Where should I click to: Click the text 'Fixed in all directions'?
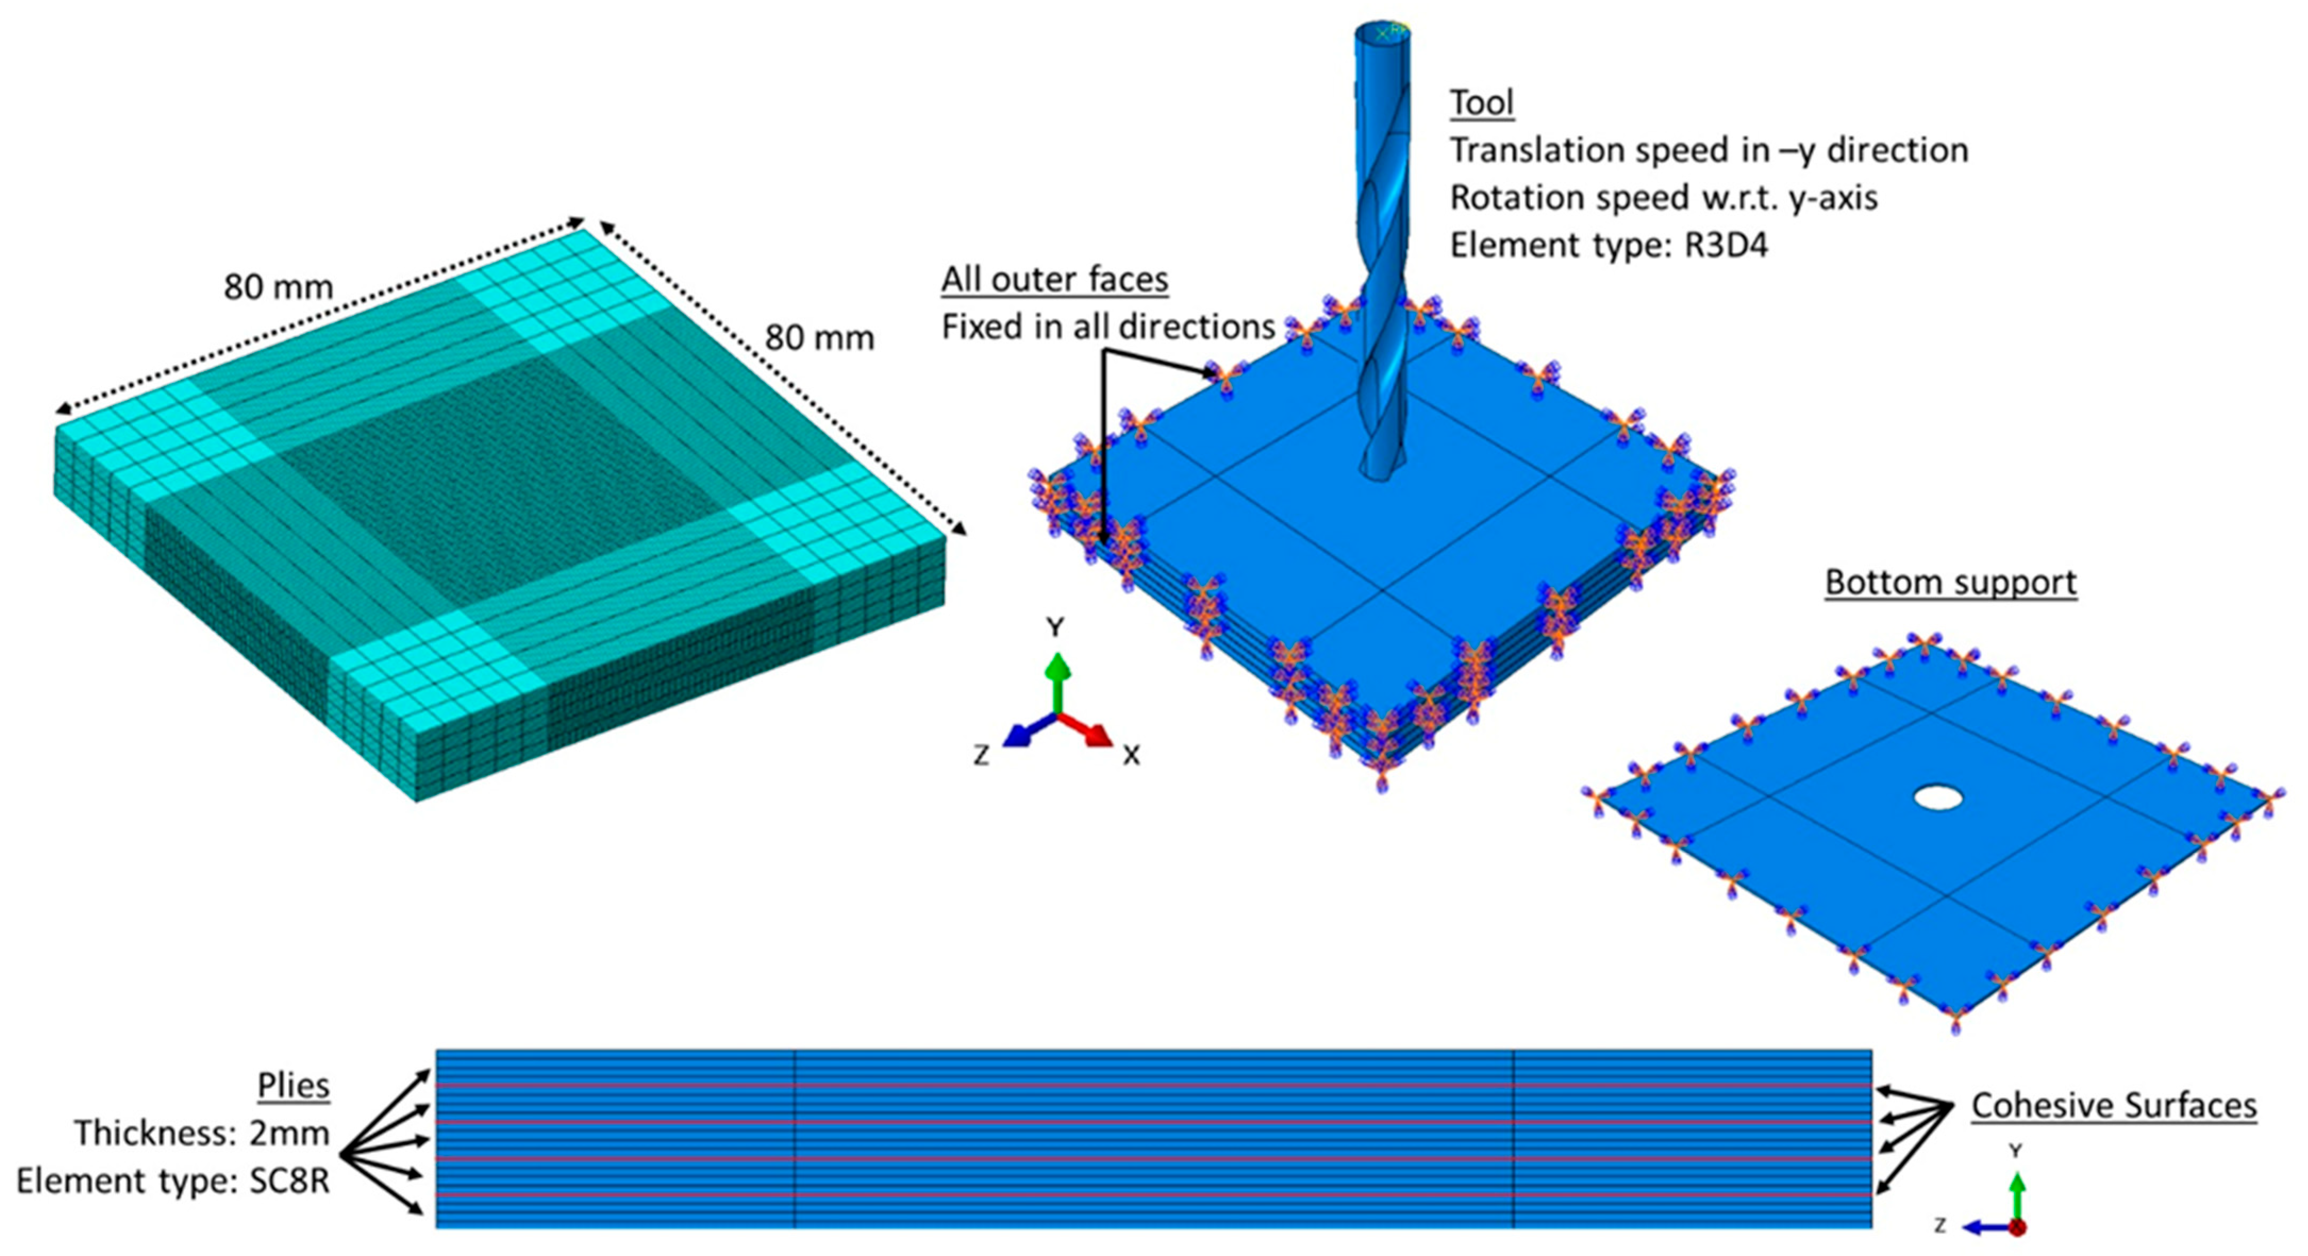coord(1107,327)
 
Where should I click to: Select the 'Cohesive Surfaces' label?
coord(2113,1106)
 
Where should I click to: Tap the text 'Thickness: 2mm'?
coord(202,1133)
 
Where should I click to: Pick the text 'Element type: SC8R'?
coord(173,1180)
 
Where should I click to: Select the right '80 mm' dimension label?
coord(819,338)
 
